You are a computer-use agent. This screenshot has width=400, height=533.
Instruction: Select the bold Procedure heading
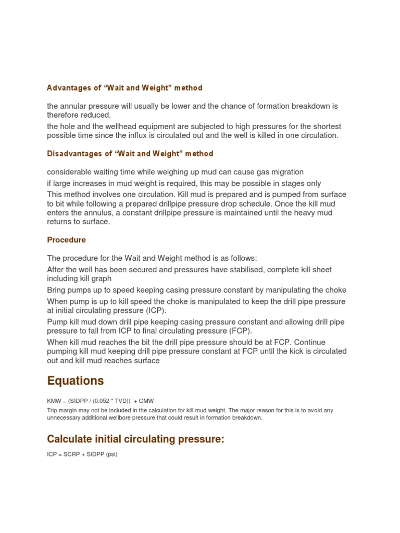coord(66,240)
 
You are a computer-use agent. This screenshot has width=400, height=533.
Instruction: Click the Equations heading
coord(75,381)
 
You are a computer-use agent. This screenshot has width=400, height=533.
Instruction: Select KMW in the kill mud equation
coord(54,401)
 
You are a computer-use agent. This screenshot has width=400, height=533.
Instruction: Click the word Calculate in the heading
coord(71,439)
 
